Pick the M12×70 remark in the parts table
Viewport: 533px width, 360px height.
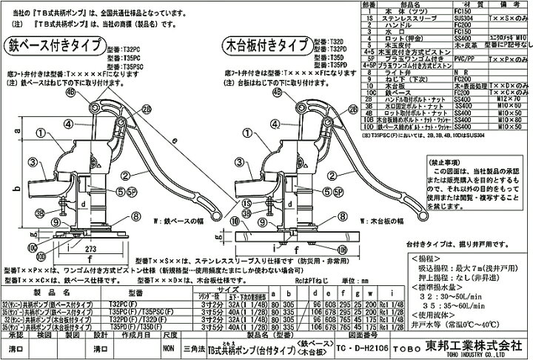click(506, 99)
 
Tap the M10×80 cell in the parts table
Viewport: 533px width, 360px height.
click(506, 113)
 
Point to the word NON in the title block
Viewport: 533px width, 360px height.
click(170, 345)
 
